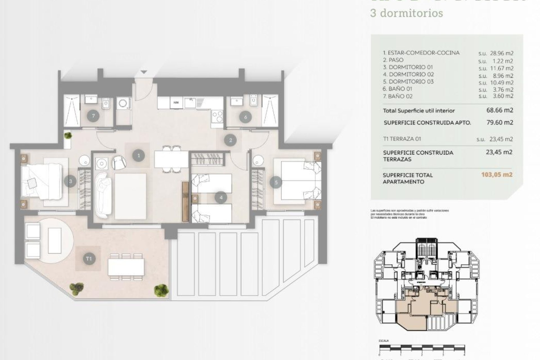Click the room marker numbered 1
coord(138,155)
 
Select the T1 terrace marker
coord(89,258)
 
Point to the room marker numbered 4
coord(221,197)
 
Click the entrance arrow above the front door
coord(144,72)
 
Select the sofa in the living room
coord(103,195)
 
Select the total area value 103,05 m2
coord(497,175)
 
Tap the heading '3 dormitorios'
coord(407,13)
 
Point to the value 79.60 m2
coord(500,122)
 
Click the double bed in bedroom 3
coord(42,181)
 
